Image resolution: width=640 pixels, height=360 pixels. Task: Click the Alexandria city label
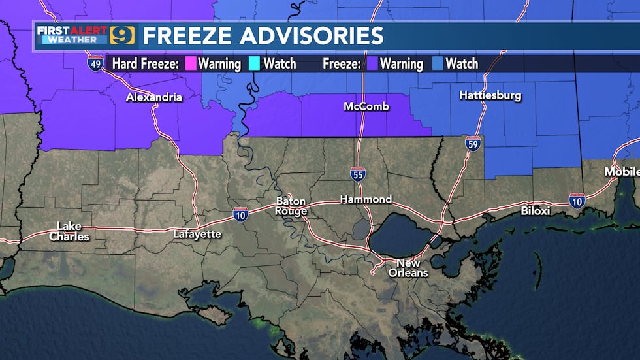tap(154, 98)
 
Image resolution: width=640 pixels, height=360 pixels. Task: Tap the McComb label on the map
tap(367, 106)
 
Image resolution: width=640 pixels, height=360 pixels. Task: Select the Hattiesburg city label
tap(490, 95)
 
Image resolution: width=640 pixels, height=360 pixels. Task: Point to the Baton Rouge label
tap(291, 206)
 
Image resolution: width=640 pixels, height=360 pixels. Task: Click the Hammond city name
tap(366, 199)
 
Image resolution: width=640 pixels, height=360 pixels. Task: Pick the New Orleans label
tap(408, 268)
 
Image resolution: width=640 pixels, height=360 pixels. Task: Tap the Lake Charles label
tap(69, 231)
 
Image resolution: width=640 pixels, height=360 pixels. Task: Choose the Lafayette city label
tap(197, 234)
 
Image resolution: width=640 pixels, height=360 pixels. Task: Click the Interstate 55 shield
tap(357, 174)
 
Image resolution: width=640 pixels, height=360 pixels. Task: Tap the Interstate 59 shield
tap(473, 144)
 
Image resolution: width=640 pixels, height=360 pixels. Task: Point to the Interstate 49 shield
tap(95, 64)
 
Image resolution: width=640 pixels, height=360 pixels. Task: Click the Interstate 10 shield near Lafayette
tap(240, 214)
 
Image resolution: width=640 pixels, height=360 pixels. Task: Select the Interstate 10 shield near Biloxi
tap(577, 201)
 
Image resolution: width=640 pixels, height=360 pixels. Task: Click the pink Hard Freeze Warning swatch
tap(191, 64)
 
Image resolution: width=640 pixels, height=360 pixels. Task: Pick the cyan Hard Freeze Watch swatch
tap(255, 64)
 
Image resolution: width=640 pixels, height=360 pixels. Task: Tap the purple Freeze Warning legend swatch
tap(372, 64)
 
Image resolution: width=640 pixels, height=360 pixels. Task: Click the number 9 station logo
tap(122, 35)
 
